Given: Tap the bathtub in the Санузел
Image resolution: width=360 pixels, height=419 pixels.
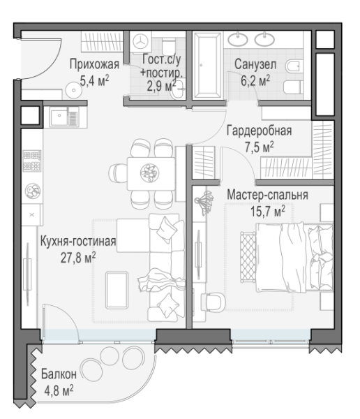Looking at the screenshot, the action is [207, 65].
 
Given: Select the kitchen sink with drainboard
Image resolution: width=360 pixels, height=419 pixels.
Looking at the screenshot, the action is [64, 116].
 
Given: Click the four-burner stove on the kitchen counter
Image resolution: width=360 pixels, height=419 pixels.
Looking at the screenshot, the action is [32, 161].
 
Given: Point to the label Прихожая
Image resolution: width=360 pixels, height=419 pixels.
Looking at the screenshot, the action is [94, 65].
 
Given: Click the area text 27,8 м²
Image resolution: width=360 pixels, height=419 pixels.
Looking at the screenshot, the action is [78, 258].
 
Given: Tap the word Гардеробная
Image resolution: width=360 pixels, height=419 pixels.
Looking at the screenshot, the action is [259, 131].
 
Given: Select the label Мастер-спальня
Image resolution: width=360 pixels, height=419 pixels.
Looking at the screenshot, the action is [267, 195].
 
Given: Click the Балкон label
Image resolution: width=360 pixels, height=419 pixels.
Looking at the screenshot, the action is [59, 374].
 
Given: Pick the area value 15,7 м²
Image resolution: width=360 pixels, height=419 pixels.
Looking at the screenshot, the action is [268, 212].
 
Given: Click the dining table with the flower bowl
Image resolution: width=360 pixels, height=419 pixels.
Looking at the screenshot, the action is [151, 174].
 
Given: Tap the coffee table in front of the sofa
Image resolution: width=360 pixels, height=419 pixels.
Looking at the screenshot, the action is [117, 291].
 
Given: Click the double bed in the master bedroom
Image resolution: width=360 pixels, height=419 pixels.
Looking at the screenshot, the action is [294, 258].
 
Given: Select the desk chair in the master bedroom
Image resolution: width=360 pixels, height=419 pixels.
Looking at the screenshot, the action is [213, 302].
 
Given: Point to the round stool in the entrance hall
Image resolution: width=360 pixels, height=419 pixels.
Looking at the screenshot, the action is [73, 90].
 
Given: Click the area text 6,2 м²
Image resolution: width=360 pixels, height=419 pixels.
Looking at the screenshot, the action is [255, 81].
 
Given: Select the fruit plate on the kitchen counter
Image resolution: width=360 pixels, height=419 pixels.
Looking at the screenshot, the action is [33, 191].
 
